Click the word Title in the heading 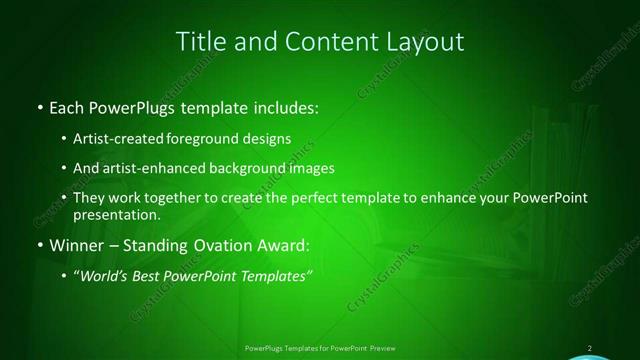click(200, 42)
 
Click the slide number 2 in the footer click(590, 348)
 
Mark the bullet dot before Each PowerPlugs click(39, 106)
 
